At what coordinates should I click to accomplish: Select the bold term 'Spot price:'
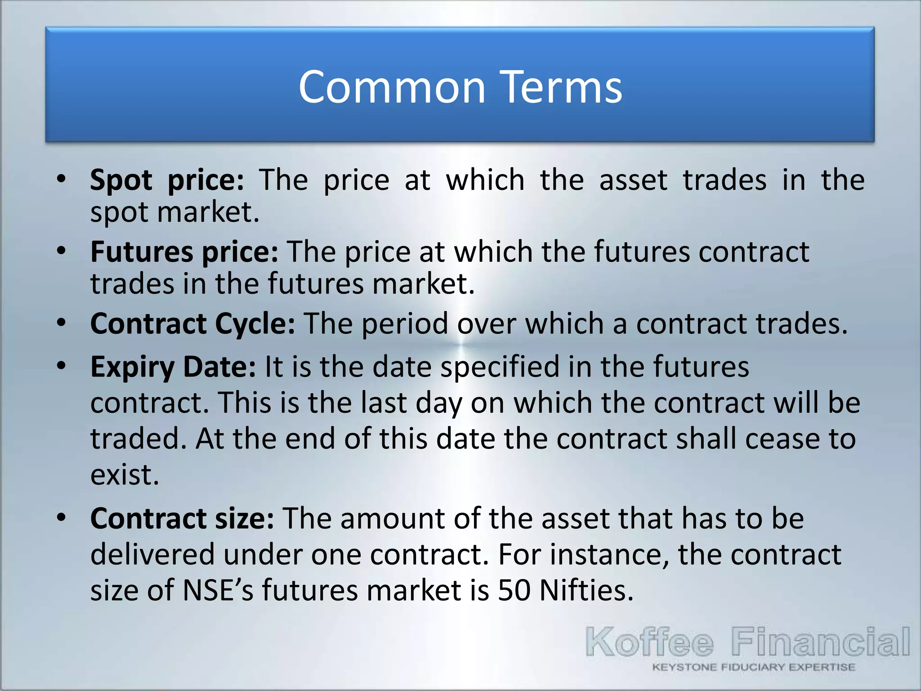click(167, 180)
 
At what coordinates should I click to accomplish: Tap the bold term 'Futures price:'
click(184, 251)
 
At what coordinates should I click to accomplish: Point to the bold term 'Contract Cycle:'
click(193, 323)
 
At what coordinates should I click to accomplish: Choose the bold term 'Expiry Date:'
click(173, 367)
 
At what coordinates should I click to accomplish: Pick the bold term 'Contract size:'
click(182, 518)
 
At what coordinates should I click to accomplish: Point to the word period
click(405, 323)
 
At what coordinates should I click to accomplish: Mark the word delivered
click(152, 554)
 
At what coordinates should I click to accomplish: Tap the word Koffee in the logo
click(649, 642)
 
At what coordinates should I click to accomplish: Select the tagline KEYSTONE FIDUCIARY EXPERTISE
click(753, 667)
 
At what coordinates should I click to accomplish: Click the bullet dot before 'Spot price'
click(62, 179)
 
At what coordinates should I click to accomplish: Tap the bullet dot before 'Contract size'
click(62, 517)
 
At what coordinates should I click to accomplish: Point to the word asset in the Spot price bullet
click(633, 180)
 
